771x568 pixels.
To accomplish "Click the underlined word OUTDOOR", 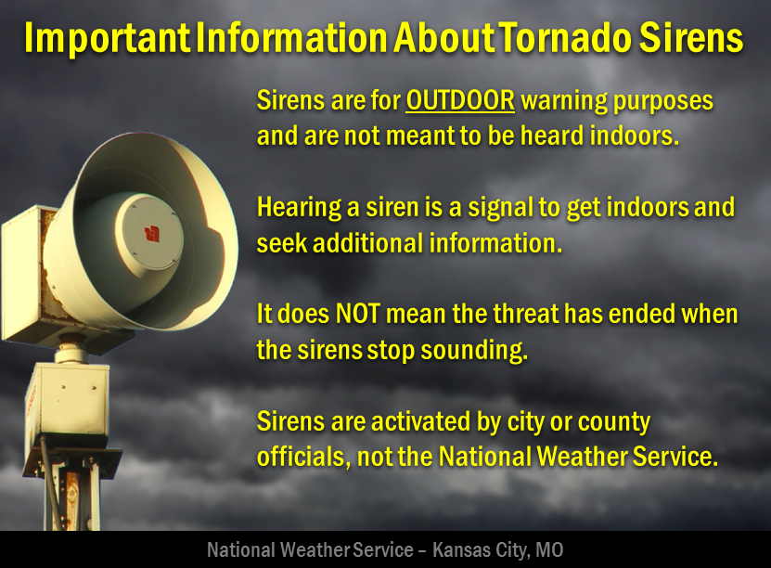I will point(460,101).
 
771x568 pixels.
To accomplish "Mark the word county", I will point(614,422).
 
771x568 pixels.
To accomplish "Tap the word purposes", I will point(668,101).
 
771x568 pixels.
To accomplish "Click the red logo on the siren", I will point(148,229).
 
